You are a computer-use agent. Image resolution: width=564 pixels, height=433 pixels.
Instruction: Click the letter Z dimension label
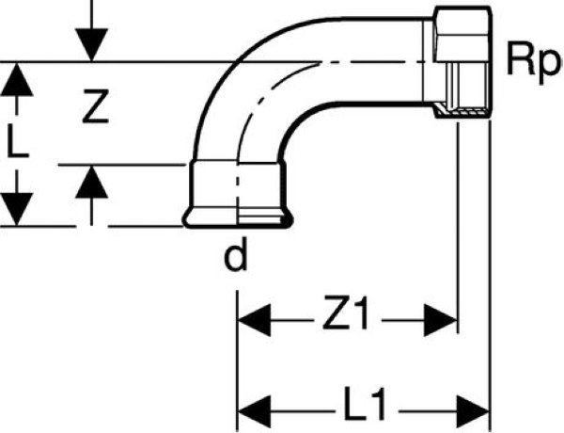(x=91, y=110)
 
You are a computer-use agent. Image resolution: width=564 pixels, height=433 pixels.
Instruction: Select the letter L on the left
(x=16, y=143)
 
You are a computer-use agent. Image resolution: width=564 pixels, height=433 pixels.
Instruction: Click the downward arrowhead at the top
(x=91, y=43)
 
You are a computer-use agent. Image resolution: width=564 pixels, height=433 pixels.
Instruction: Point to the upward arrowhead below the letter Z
(x=91, y=183)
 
